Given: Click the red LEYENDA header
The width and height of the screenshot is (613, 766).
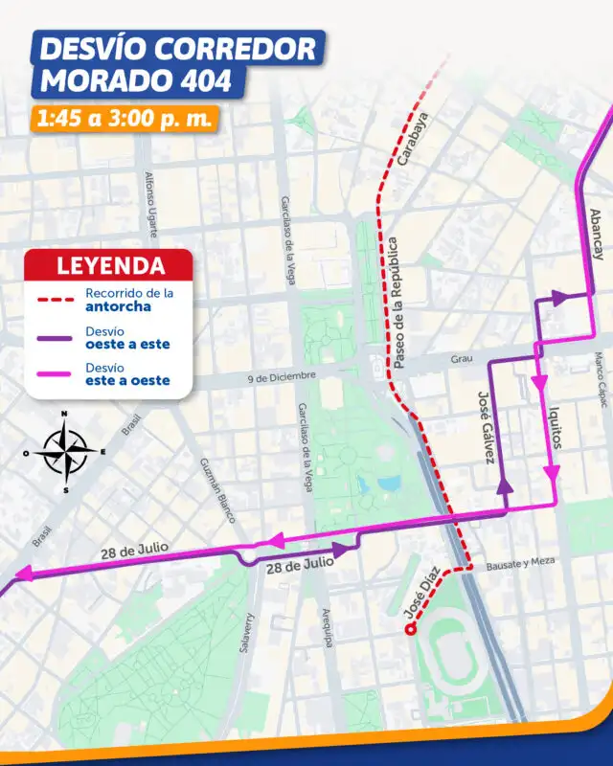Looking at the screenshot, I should pos(110,265).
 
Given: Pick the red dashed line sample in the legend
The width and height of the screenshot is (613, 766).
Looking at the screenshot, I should pos(56,300).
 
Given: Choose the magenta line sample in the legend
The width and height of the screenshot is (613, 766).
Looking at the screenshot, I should pos(56,374).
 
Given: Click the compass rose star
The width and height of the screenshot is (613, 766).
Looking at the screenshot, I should pos(64,448).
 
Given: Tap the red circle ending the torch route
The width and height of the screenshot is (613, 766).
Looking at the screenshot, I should pos(410,629).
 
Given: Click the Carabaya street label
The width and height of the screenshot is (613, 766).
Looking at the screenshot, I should pos(413,141).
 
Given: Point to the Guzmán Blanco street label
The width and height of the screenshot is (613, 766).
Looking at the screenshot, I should pos(217,490).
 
